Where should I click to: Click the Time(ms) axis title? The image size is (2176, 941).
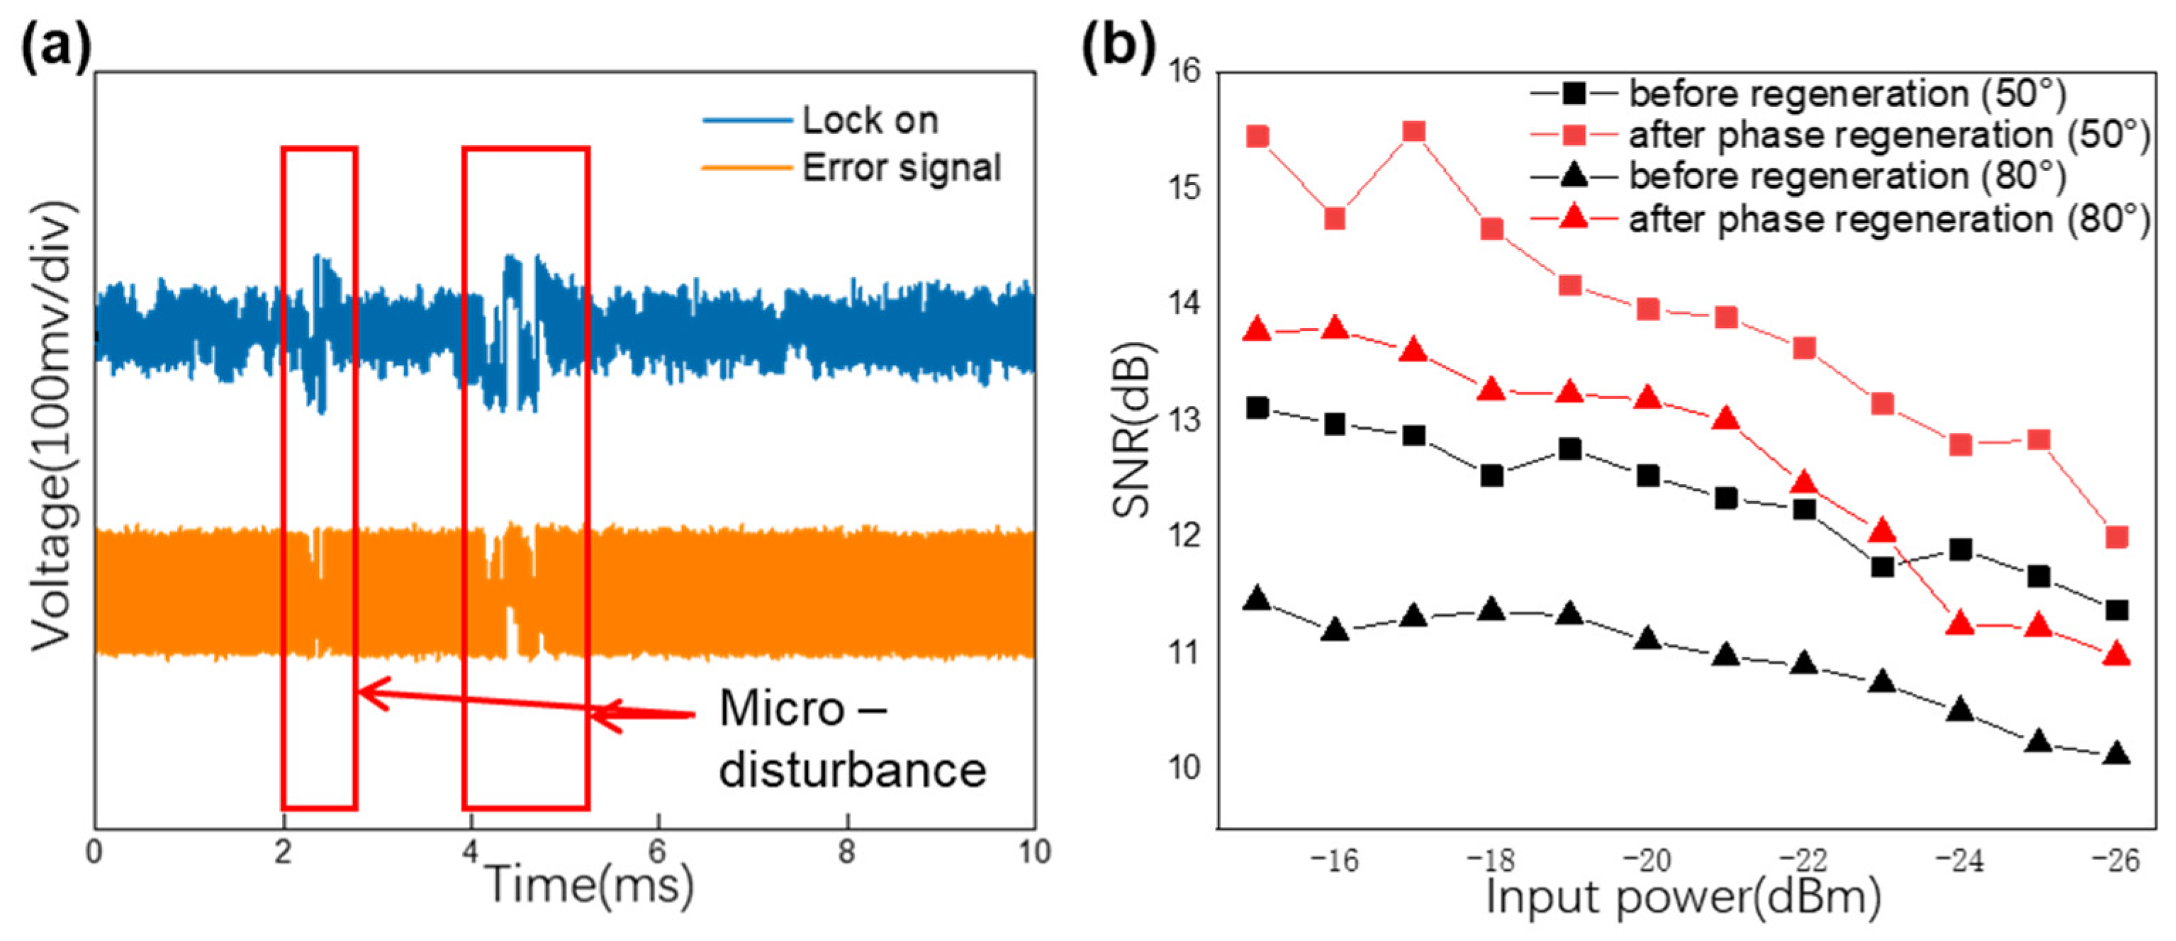click(x=589, y=885)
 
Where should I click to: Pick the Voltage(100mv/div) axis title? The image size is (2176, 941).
click(x=53, y=427)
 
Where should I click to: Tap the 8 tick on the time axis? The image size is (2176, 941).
click(x=846, y=852)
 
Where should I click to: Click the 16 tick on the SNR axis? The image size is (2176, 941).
click(x=1184, y=72)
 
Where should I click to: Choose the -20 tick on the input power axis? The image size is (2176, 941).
click(x=1647, y=861)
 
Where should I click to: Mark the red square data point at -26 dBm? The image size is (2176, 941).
click(x=2116, y=537)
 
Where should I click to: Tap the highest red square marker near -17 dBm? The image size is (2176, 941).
click(x=1413, y=131)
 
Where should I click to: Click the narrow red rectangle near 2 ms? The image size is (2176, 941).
click(x=319, y=478)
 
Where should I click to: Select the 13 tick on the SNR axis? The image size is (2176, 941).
click(x=1184, y=419)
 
